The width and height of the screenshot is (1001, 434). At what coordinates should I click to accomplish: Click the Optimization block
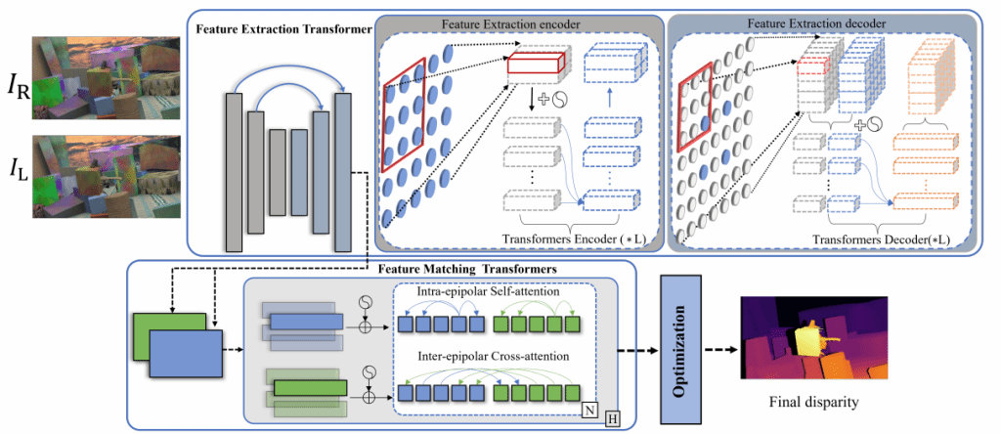point(683,347)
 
